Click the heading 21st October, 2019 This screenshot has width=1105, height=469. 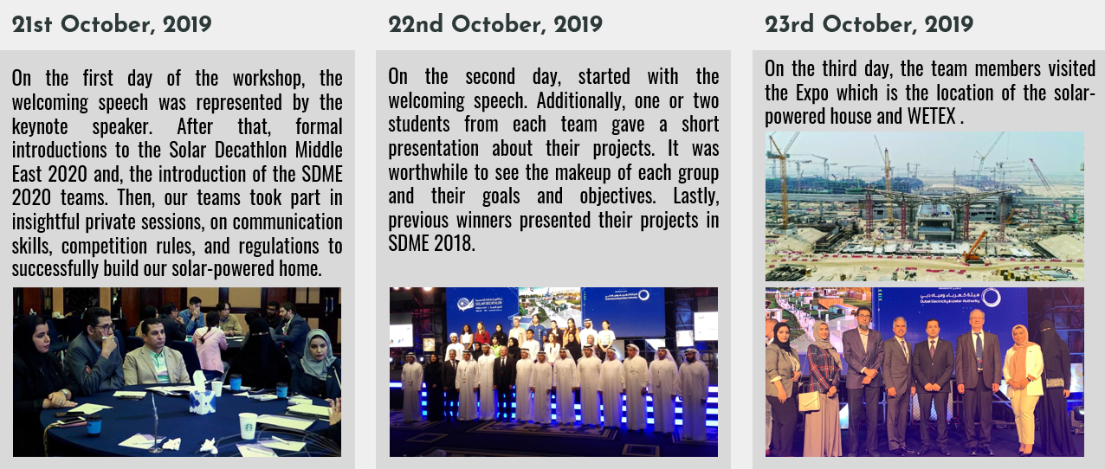112,24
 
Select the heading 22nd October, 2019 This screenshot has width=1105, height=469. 495,24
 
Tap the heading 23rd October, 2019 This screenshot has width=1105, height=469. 869,24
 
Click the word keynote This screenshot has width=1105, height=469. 40,126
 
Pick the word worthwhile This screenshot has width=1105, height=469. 428,172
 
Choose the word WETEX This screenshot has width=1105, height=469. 931,117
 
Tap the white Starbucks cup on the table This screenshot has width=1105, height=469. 248,426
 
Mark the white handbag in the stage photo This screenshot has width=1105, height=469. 809,401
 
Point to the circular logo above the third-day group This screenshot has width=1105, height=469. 991,298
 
